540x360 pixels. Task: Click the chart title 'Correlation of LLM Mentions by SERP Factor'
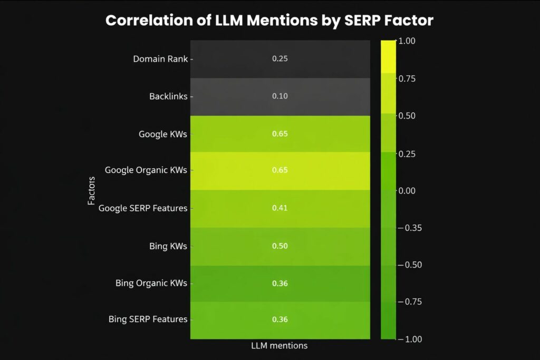(x=269, y=21)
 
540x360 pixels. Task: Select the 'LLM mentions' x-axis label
(x=280, y=346)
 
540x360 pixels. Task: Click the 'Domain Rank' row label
(x=160, y=59)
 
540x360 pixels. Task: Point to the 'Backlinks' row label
(x=168, y=96)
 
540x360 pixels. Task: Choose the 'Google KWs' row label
(x=163, y=134)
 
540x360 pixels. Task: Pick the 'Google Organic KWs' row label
(x=146, y=170)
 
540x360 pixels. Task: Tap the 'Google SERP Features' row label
(x=143, y=208)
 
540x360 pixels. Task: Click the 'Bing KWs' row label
(x=168, y=246)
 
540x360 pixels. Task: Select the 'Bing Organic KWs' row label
(x=151, y=283)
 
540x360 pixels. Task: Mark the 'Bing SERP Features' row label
(x=148, y=319)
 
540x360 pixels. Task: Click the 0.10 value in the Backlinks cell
(x=280, y=96)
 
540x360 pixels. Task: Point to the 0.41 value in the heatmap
(x=280, y=208)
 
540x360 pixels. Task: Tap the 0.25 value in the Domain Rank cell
(x=280, y=59)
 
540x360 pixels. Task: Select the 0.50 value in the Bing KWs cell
(x=280, y=246)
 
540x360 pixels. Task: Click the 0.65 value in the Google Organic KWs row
(x=280, y=170)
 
